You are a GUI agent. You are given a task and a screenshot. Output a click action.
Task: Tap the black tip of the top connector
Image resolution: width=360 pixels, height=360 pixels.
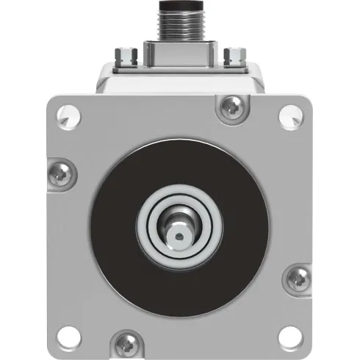(180, 7)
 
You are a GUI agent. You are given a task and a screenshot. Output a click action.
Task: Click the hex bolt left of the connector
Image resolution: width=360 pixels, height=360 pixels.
(128, 54)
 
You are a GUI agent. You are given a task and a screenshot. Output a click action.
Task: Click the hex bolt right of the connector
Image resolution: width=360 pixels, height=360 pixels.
(234, 54)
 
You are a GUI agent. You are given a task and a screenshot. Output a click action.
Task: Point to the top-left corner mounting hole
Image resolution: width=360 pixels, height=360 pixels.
(70, 115)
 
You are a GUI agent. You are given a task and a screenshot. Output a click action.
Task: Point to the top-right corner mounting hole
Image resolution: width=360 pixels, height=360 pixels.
(292, 115)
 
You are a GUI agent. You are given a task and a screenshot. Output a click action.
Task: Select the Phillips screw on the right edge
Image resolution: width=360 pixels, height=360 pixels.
(302, 278)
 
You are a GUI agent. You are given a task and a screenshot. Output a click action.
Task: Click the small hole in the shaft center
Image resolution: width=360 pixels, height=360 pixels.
(179, 235)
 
